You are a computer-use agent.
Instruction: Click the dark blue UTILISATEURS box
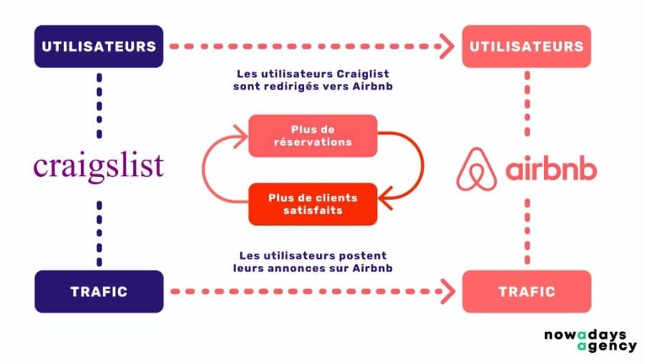[x=99, y=47]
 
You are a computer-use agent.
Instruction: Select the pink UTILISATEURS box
[x=527, y=47]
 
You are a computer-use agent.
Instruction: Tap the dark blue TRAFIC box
[x=99, y=292]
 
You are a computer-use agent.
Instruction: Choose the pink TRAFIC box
[x=527, y=292]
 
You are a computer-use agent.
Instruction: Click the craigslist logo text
[x=99, y=167]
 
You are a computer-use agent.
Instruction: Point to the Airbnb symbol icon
[x=477, y=169]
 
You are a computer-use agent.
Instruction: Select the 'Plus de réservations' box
[x=313, y=136]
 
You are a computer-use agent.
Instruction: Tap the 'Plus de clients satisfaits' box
[x=313, y=204]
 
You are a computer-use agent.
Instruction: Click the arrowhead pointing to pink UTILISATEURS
[x=448, y=47]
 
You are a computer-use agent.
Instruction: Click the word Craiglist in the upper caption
[x=363, y=74]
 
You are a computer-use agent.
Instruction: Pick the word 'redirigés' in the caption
[x=293, y=87]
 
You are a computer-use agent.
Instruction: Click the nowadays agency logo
[x=590, y=340]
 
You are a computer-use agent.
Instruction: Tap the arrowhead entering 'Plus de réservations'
[x=241, y=136]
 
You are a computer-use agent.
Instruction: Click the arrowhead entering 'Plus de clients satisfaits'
[x=385, y=198]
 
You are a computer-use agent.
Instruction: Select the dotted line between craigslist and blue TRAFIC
[x=99, y=234]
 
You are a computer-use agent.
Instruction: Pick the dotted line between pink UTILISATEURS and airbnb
[x=527, y=104]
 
